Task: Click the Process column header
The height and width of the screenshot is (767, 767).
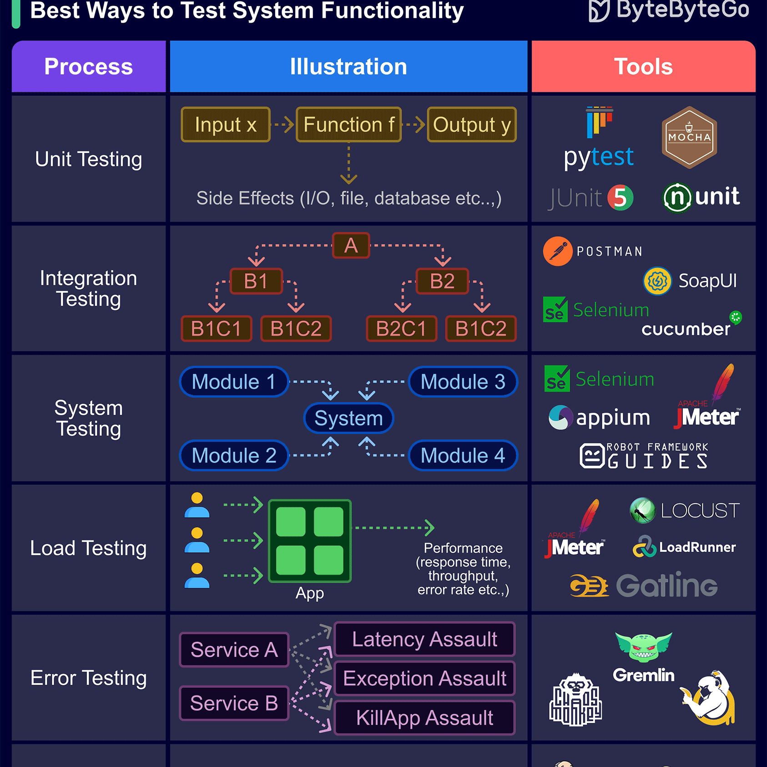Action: coord(89,67)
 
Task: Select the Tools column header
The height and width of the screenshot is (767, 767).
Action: coord(643,67)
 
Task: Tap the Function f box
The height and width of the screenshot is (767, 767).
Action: coord(348,125)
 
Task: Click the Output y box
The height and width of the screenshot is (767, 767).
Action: coord(472,125)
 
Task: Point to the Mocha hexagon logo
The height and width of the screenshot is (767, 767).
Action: coord(689,137)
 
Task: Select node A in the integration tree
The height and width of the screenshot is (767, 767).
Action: coord(351,246)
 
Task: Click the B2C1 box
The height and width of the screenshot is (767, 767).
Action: coord(401,328)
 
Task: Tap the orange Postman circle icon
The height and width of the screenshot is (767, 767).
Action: coord(558,251)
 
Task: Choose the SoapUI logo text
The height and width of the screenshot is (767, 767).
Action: coord(707,281)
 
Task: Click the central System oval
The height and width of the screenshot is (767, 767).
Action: coord(348,418)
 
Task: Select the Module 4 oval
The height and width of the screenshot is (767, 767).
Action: coord(463,455)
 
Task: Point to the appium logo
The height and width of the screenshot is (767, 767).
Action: coord(600,418)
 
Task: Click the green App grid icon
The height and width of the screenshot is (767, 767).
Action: coord(310,541)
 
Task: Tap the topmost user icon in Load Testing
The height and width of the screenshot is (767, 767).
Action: coord(197,505)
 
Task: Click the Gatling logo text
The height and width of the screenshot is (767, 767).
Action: coord(666,585)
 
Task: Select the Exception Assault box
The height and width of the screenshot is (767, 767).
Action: coord(424,678)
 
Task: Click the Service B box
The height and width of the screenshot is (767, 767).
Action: coord(234,703)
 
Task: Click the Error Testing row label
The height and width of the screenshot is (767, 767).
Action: coord(89,678)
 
